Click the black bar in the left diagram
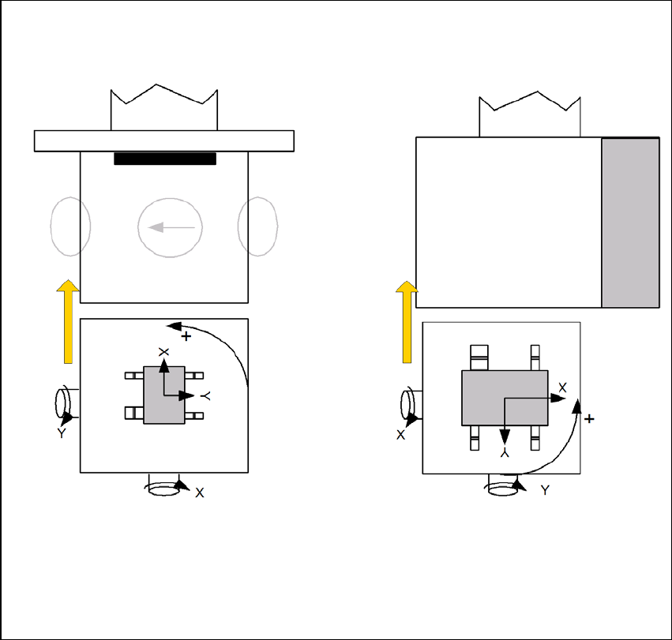pyautogui.click(x=165, y=159)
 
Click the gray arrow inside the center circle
pyautogui.click(x=171, y=227)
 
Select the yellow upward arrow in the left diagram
pyautogui.click(x=68, y=321)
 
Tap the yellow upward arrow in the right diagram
pyautogui.click(x=407, y=322)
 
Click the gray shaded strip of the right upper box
pyautogui.click(x=630, y=223)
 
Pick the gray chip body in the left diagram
pyautogui.click(x=164, y=395)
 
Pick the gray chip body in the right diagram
pyautogui.click(x=505, y=398)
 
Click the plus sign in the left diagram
pyautogui.click(x=186, y=336)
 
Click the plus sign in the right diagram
pyautogui.click(x=589, y=418)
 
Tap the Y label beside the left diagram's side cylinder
pyautogui.click(x=62, y=433)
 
